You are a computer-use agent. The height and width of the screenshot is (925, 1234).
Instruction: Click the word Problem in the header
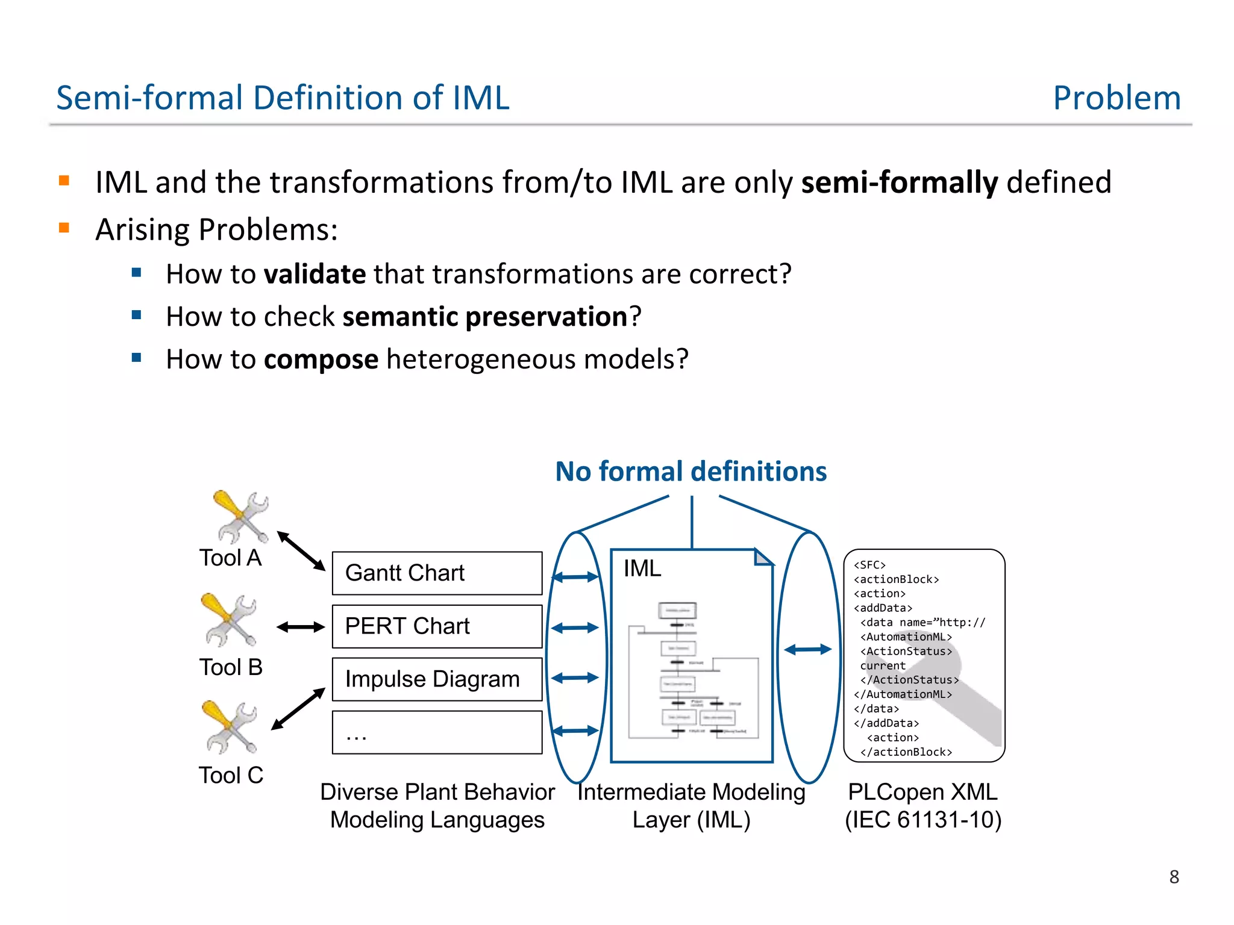pyautogui.click(x=1117, y=98)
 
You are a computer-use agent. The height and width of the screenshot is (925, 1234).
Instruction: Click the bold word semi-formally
pyautogui.click(x=899, y=182)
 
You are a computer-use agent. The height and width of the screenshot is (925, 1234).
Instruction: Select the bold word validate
pyautogui.click(x=315, y=275)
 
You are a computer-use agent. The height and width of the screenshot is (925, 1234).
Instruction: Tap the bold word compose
pyautogui.click(x=321, y=360)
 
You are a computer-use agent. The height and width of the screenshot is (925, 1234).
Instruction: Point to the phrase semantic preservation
pyautogui.click(x=485, y=317)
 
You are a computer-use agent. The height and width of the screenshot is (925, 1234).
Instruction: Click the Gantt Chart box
pyautogui.click(x=437, y=573)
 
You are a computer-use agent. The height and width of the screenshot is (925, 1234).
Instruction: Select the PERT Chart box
pyautogui.click(x=437, y=626)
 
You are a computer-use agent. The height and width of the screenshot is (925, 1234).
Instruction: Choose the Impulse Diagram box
pyautogui.click(x=437, y=679)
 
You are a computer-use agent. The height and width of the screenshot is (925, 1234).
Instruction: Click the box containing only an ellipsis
pyautogui.click(x=437, y=732)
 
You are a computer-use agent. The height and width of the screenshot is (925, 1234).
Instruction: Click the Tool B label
pyautogui.click(x=231, y=667)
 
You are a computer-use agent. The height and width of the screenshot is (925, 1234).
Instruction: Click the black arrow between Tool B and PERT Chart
pyautogui.click(x=301, y=627)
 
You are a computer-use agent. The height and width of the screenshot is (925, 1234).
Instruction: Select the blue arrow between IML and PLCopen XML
pyautogui.click(x=807, y=649)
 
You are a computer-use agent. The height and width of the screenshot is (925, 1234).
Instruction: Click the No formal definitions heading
pyautogui.click(x=691, y=472)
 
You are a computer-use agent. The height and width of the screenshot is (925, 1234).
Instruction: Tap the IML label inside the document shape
pyautogui.click(x=642, y=568)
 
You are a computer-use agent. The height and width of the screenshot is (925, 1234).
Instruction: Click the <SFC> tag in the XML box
pyautogui.click(x=869, y=565)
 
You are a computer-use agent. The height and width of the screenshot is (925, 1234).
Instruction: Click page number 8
pyautogui.click(x=1174, y=877)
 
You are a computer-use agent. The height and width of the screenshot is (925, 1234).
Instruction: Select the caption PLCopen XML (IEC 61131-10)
pyautogui.click(x=923, y=806)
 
